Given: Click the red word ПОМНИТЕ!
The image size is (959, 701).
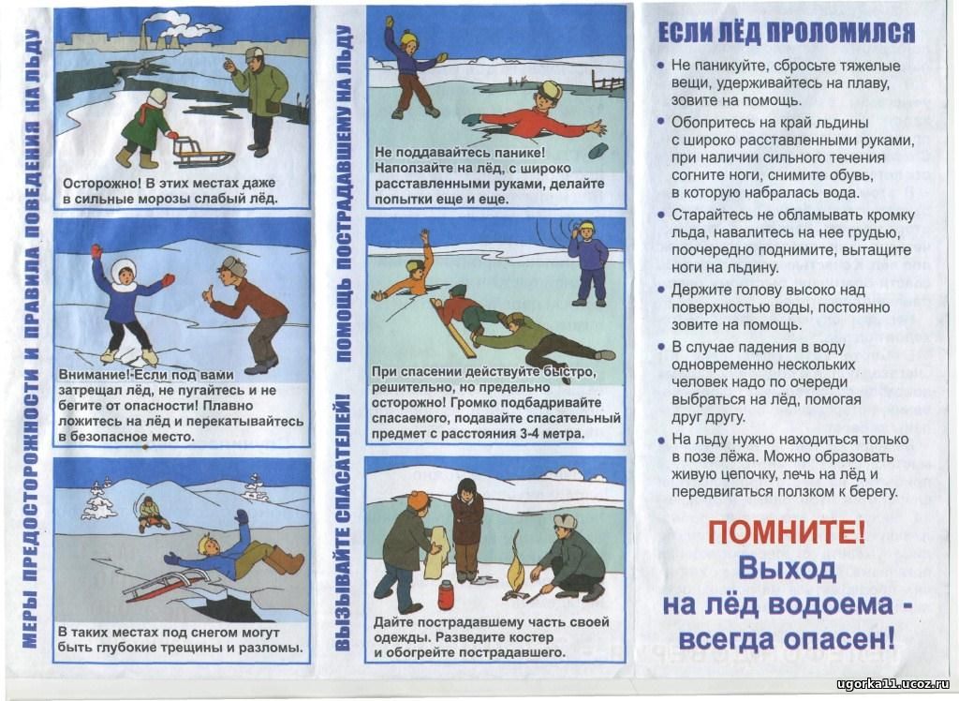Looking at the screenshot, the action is coord(787,532).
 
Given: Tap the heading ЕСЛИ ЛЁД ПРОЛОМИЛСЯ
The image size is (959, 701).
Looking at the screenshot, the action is coord(786,33).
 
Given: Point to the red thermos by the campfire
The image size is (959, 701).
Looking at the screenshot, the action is coord(446,593).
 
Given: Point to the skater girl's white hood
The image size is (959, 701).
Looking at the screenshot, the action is coord(125,273).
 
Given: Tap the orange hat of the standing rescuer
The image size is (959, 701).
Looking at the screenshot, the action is coord(419,500).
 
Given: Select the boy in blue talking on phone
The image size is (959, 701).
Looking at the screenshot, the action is coord(586,264).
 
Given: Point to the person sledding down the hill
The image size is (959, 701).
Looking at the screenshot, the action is coord(151,515).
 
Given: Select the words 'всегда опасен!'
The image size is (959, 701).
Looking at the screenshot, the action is coord(787,638).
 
